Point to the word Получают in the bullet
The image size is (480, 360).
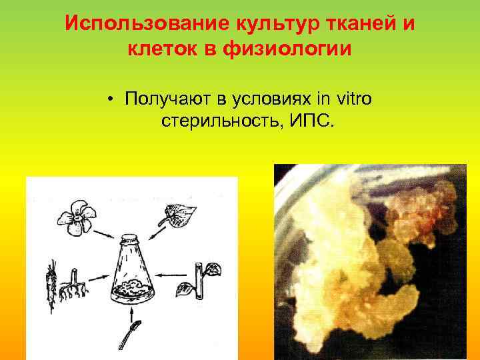click(166, 100)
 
